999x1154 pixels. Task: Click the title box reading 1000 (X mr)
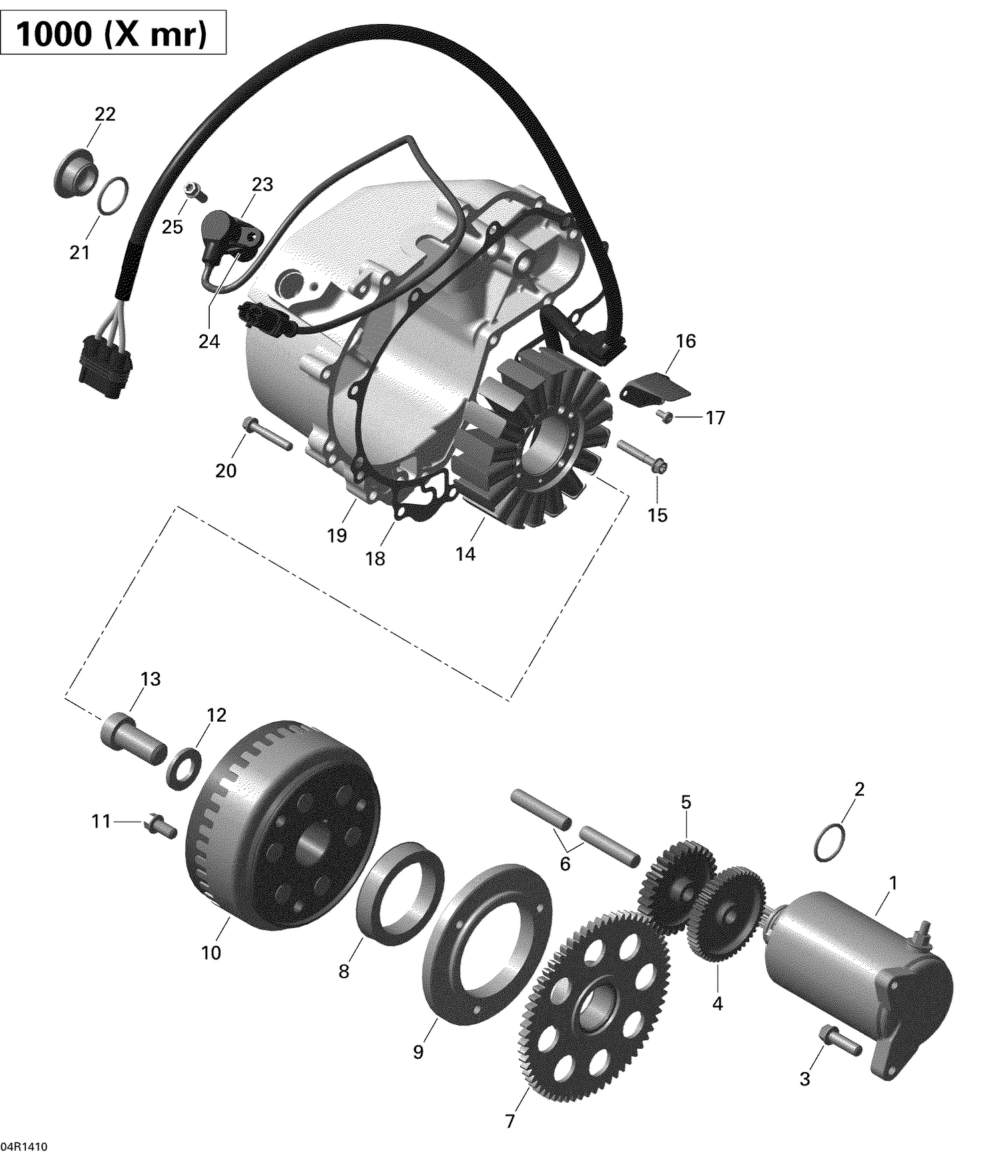(x=113, y=34)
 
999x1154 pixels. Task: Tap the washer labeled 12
(x=184, y=768)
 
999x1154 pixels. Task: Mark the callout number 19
(x=337, y=535)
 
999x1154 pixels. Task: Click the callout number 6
(x=565, y=864)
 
